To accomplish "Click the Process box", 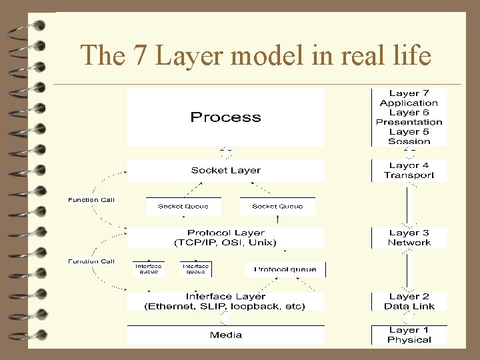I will (225, 117).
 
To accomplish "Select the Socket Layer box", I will (225, 170).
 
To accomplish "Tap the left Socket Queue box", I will (183, 206).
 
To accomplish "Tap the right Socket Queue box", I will (277, 206).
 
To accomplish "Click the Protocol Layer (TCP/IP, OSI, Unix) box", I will (225, 238).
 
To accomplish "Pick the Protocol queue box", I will (285, 269).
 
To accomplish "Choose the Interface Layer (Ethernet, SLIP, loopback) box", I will (225, 301).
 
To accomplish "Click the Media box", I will (225, 335).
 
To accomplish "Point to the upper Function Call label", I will (91, 199).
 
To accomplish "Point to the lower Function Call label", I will (91, 261).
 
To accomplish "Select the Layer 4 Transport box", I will (409, 170).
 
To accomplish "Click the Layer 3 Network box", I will (409, 238).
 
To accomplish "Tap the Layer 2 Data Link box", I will (409, 301).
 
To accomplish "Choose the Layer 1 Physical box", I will (409, 335).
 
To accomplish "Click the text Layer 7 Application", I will (409, 98).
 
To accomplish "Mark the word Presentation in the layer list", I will (409, 122).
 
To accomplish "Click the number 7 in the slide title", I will (139, 55).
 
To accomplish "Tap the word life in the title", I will (411, 55).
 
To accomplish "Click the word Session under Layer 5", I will (409, 141).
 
